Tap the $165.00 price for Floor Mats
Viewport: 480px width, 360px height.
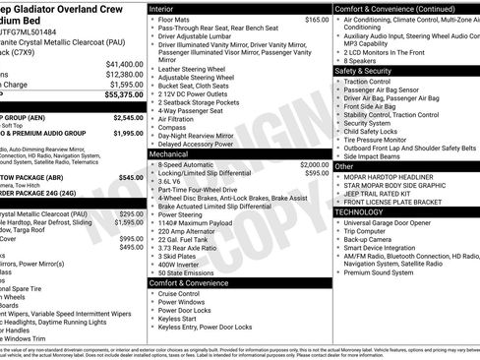coord(317,20)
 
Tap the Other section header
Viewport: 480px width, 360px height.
coord(344,166)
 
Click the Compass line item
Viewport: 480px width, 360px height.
coord(171,127)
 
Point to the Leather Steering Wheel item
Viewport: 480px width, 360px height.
coord(194,70)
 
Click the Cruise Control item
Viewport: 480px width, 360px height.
coord(179,293)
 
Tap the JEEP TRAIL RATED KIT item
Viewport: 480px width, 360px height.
coord(384,194)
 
